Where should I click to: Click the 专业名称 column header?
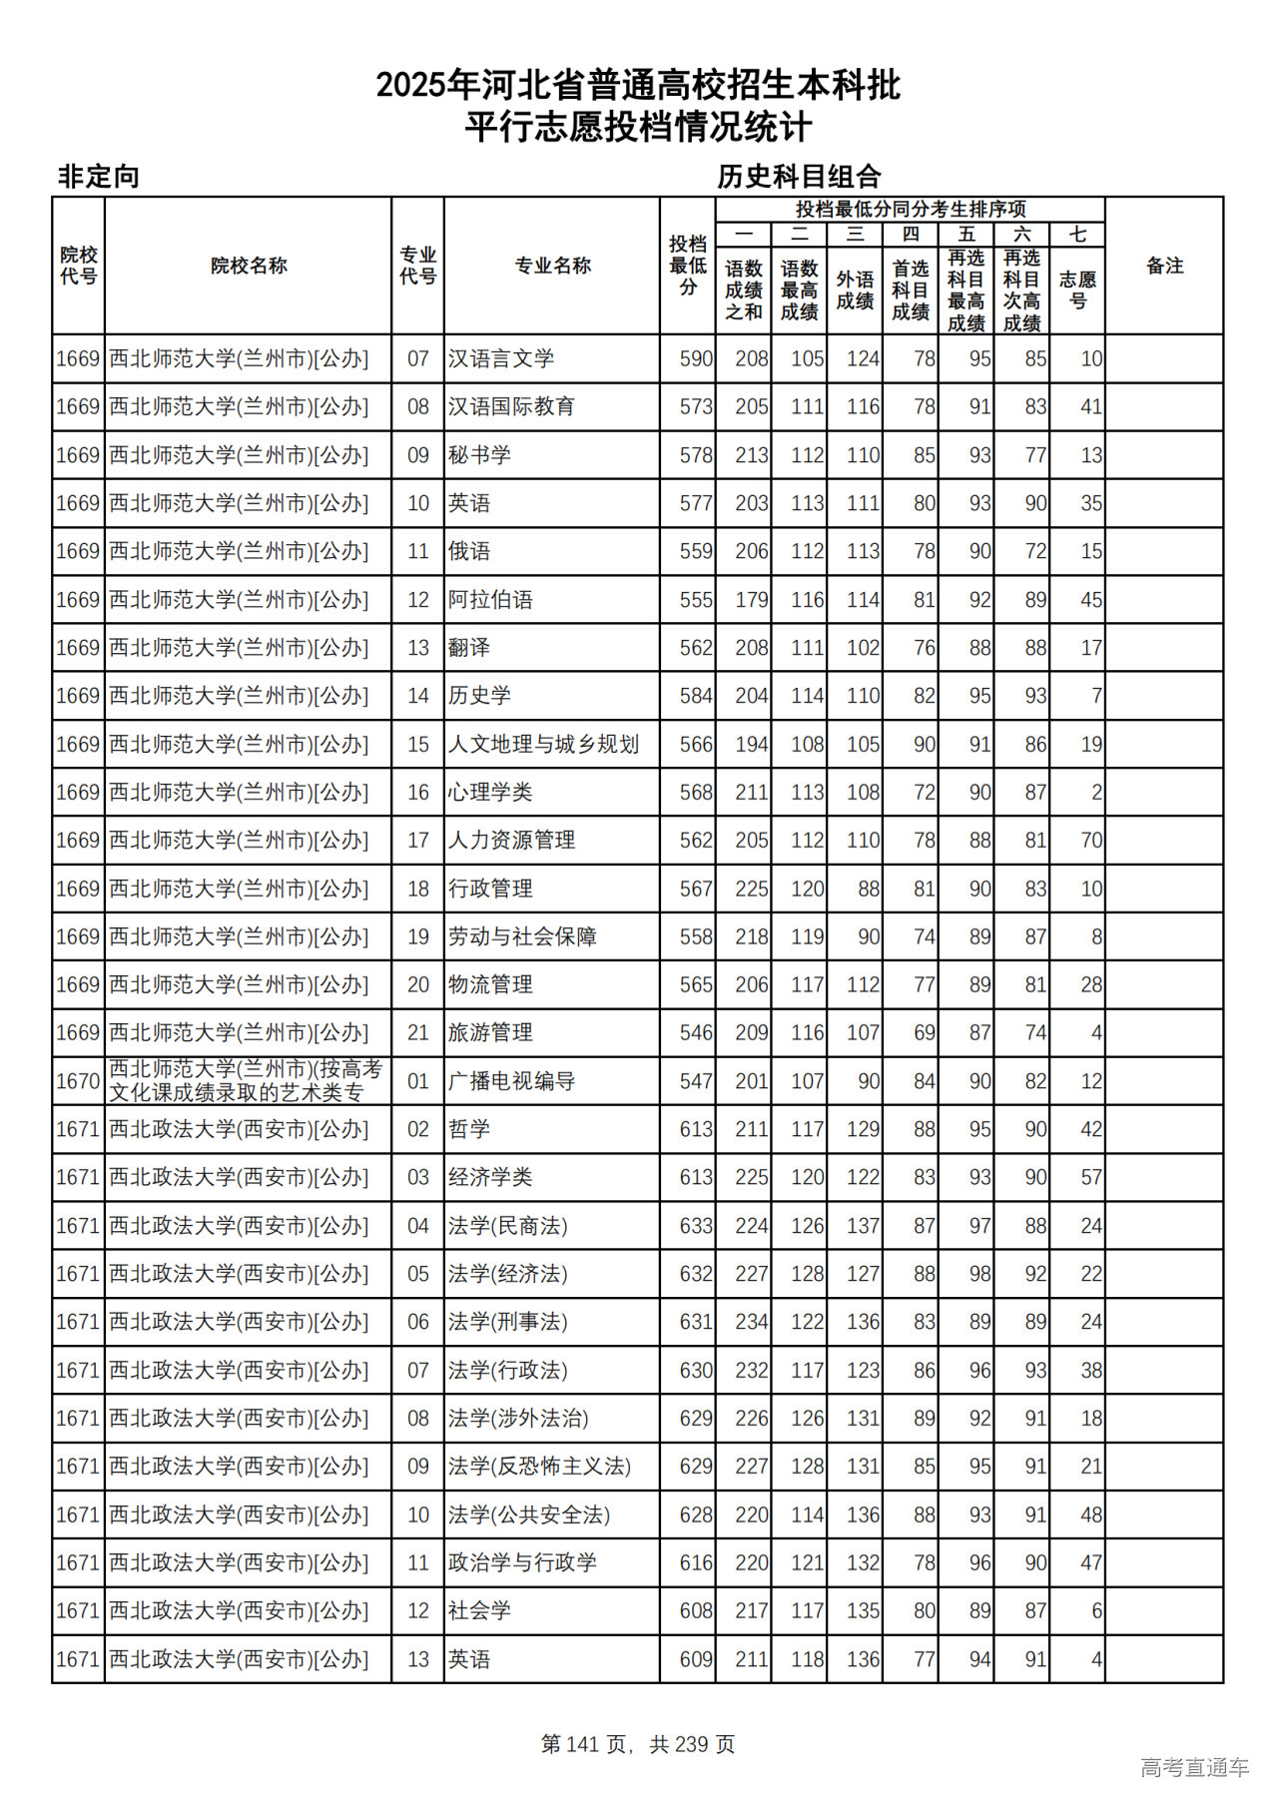tap(552, 266)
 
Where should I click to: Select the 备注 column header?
tap(1164, 266)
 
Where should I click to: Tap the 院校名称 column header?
tap(249, 266)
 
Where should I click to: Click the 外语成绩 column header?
tap(855, 290)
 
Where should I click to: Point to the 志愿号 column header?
tap(1077, 290)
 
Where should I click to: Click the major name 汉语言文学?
tap(500, 358)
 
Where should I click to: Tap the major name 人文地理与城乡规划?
tap(543, 745)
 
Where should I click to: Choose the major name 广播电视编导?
tap(511, 1081)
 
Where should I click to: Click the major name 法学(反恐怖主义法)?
tap(539, 1467)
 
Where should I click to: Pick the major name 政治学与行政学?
tap(521, 1562)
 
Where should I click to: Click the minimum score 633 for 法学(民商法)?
tap(696, 1226)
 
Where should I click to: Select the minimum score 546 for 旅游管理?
tap(696, 1033)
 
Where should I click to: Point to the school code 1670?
tap(78, 1081)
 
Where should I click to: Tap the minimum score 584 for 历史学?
tap(696, 696)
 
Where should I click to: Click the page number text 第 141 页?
tap(584, 1744)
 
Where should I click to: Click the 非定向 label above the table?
tap(98, 177)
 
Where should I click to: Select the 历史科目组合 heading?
tap(799, 177)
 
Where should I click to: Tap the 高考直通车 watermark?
tap(1194, 1767)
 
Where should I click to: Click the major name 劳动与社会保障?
tap(521, 937)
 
